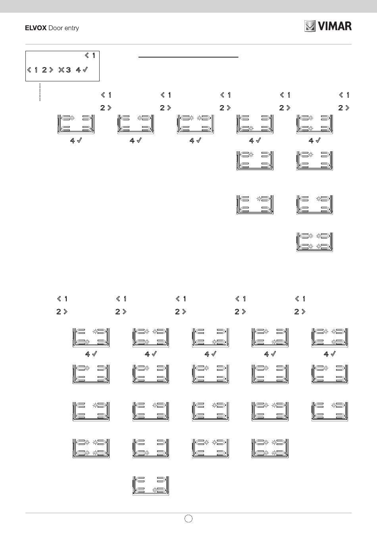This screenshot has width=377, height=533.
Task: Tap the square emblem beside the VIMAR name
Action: point(310,26)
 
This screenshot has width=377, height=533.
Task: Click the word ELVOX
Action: point(36,28)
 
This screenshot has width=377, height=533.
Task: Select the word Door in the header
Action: point(56,28)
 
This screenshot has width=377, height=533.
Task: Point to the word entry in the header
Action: point(71,28)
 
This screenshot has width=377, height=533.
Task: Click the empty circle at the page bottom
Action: point(188,518)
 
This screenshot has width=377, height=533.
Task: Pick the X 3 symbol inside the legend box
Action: point(65,70)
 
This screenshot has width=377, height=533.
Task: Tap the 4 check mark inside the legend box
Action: point(82,70)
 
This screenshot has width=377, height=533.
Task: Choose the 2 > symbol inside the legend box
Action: point(48,70)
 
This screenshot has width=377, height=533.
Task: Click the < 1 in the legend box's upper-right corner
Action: point(90,56)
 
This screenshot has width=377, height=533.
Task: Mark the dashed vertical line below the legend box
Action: point(40,92)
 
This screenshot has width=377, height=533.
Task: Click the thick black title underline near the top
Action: point(188,57)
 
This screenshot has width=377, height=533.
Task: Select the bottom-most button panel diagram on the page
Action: point(151,486)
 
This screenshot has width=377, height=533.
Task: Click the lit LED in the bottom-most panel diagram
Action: point(155,490)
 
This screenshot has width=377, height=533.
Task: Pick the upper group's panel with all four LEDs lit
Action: point(315,242)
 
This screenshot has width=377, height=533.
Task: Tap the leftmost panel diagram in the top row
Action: point(76,124)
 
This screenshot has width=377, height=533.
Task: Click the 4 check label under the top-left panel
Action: point(76,140)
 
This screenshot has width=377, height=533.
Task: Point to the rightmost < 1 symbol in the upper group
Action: point(344,95)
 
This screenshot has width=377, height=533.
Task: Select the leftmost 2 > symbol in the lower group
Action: point(62,312)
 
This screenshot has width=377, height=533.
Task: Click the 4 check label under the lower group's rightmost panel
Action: point(330,354)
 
